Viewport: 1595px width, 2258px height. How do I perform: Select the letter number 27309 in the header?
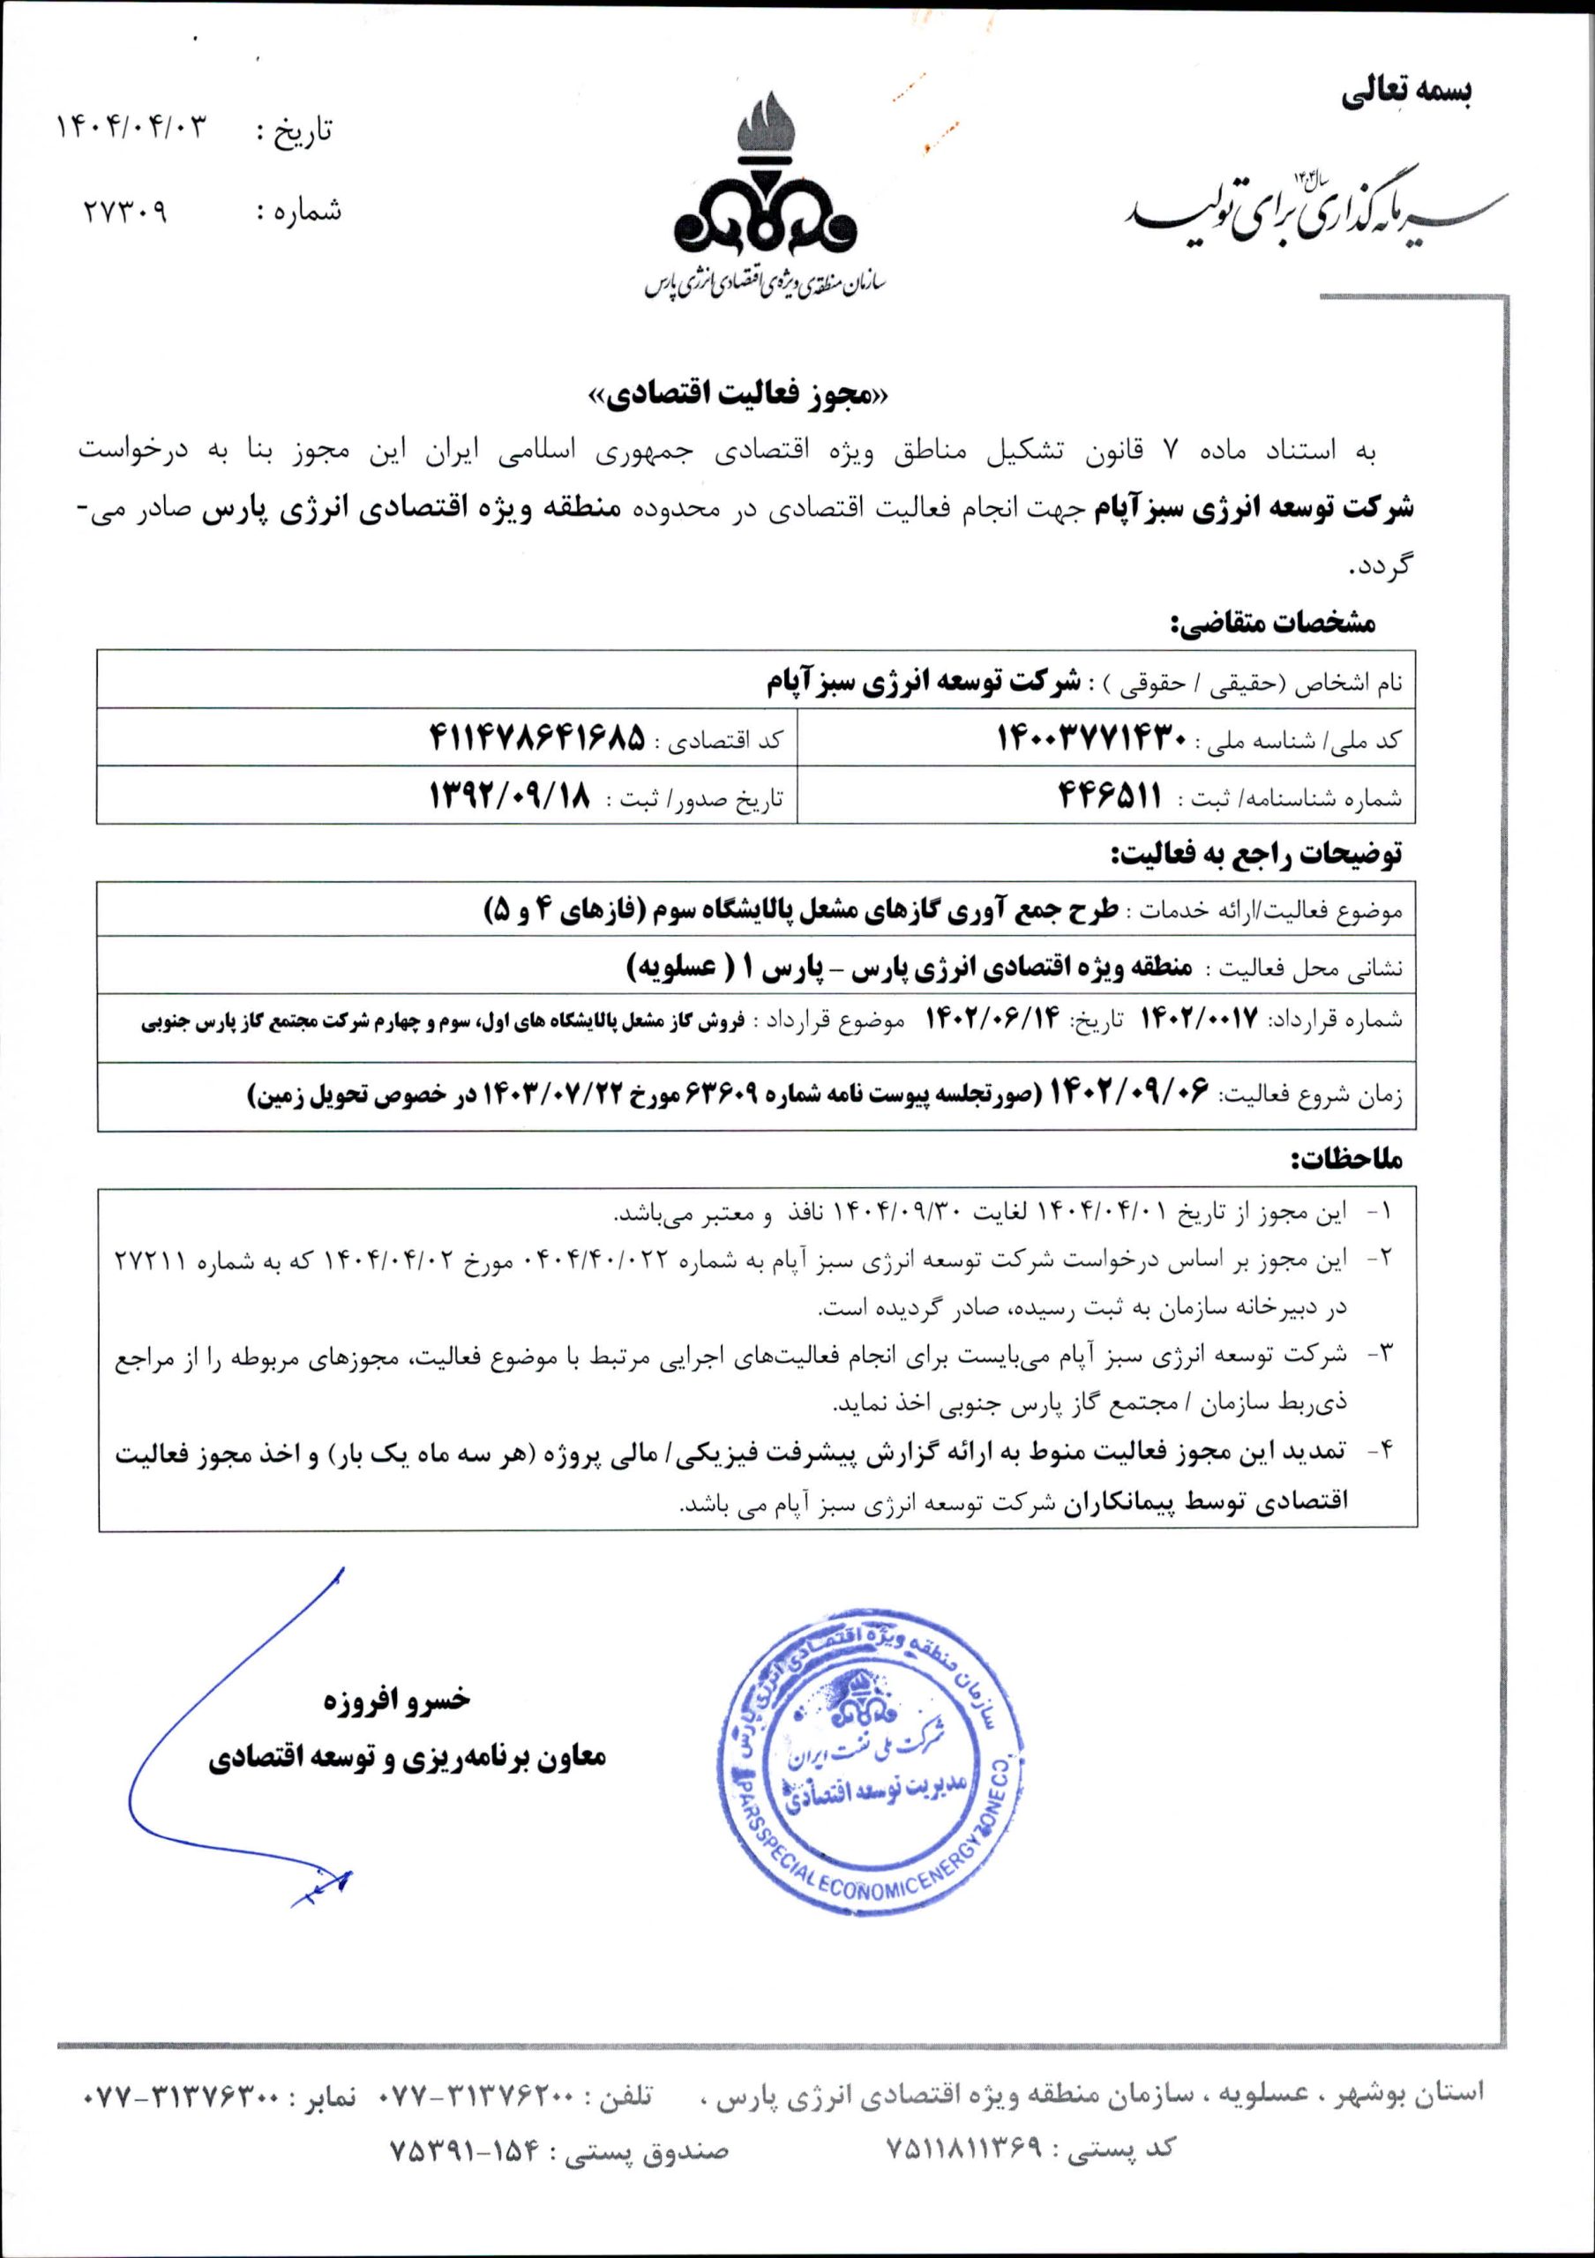[125, 211]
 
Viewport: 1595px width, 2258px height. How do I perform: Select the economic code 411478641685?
[535, 739]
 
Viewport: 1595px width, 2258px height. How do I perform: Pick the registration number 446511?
[1108, 796]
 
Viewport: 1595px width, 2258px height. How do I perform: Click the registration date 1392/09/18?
[513, 796]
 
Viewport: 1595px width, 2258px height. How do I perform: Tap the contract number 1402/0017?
[1199, 1020]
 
